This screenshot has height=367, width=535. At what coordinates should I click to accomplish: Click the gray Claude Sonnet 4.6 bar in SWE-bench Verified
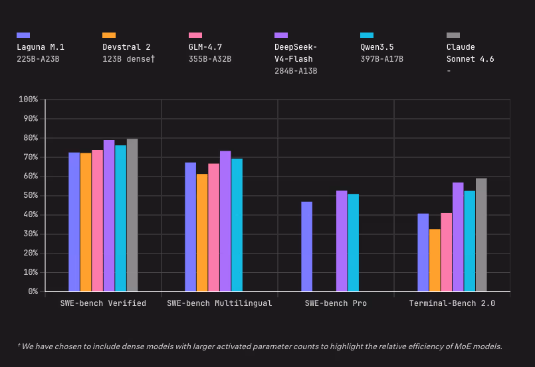(132, 215)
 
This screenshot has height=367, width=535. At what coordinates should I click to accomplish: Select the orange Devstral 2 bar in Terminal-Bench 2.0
(435, 260)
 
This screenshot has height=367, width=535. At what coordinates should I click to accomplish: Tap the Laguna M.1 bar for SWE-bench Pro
(306, 246)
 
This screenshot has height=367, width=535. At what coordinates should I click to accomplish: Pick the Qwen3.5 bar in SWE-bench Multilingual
(237, 225)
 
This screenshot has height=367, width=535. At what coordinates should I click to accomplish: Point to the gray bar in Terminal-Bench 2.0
(481, 235)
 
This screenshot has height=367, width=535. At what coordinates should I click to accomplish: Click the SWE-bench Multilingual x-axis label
(219, 303)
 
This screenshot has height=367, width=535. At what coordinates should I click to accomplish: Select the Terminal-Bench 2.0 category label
(452, 303)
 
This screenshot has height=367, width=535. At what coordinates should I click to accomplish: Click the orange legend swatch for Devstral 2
(109, 35)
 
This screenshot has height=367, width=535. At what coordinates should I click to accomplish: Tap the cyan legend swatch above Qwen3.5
(367, 35)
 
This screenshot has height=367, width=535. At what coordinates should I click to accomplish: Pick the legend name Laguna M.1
(41, 47)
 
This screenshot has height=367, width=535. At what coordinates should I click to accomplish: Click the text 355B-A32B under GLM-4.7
(210, 59)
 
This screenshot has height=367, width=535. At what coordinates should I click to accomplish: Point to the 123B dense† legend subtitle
(129, 59)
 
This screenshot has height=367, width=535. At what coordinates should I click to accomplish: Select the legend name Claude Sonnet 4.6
(470, 53)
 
